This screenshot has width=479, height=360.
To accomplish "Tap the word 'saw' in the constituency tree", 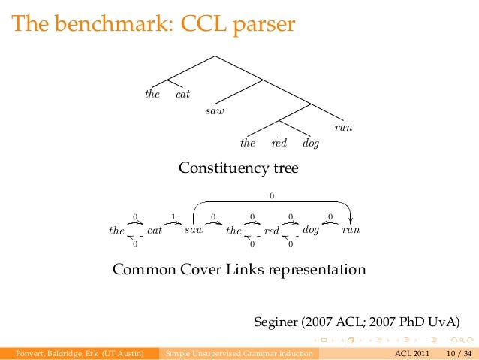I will (215, 111).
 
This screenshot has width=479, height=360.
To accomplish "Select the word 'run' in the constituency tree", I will (343, 129).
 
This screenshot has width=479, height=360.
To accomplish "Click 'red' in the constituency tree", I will (279, 143).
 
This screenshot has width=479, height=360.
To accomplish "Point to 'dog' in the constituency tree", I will (311, 143).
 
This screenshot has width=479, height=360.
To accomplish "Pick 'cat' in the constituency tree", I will (182, 95).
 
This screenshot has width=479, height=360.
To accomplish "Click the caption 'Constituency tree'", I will (238, 168).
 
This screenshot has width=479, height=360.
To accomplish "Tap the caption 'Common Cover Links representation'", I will (239, 269).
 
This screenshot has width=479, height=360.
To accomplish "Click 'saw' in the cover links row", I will (194, 231).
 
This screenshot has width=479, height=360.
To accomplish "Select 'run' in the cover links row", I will (351, 231).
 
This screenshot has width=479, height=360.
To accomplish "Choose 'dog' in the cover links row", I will (311, 230).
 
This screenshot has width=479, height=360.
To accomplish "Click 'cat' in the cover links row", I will (155, 231).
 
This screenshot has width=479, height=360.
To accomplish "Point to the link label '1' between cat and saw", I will (173, 217).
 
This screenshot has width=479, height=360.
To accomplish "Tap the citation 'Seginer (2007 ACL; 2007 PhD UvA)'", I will (356, 323).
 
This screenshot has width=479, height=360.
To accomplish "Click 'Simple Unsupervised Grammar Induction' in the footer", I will (239, 353).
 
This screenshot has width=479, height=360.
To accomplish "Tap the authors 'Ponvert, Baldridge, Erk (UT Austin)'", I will (80, 353).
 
